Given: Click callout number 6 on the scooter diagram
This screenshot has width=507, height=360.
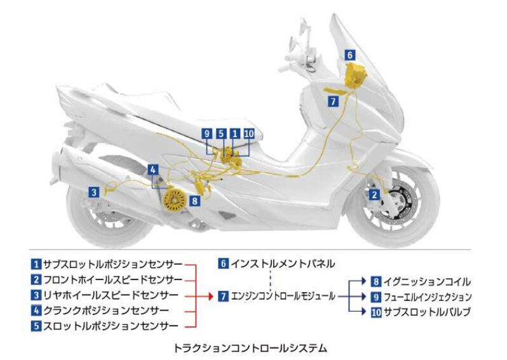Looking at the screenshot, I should click(349, 55).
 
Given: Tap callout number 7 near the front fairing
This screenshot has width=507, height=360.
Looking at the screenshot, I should click(334, 100).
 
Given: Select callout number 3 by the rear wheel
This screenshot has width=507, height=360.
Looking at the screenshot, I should click(93, 191).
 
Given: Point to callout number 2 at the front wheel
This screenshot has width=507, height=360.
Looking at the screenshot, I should click(375, 194).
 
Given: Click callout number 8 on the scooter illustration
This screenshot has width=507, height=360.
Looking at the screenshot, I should click(194, 201).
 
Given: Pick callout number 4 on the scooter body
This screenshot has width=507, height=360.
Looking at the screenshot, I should click(153, 169).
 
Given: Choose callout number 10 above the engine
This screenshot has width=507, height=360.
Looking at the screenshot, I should click(248, 133).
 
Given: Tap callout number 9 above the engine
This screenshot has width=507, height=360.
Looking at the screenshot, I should click(206, 133).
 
